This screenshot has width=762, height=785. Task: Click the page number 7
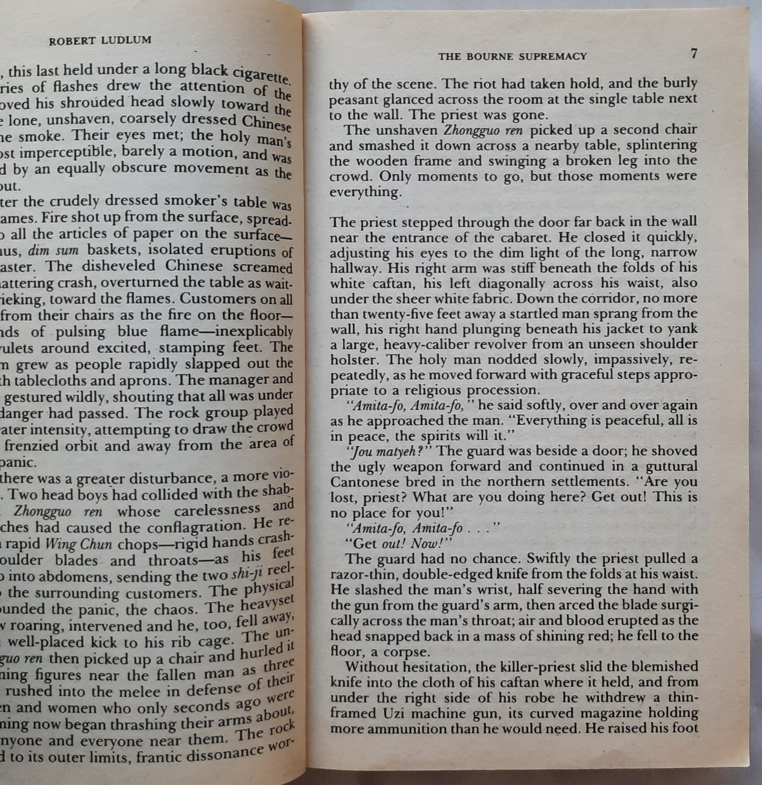(x=694, y=53)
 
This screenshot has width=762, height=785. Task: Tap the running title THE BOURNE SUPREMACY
(x=512, y=56)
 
